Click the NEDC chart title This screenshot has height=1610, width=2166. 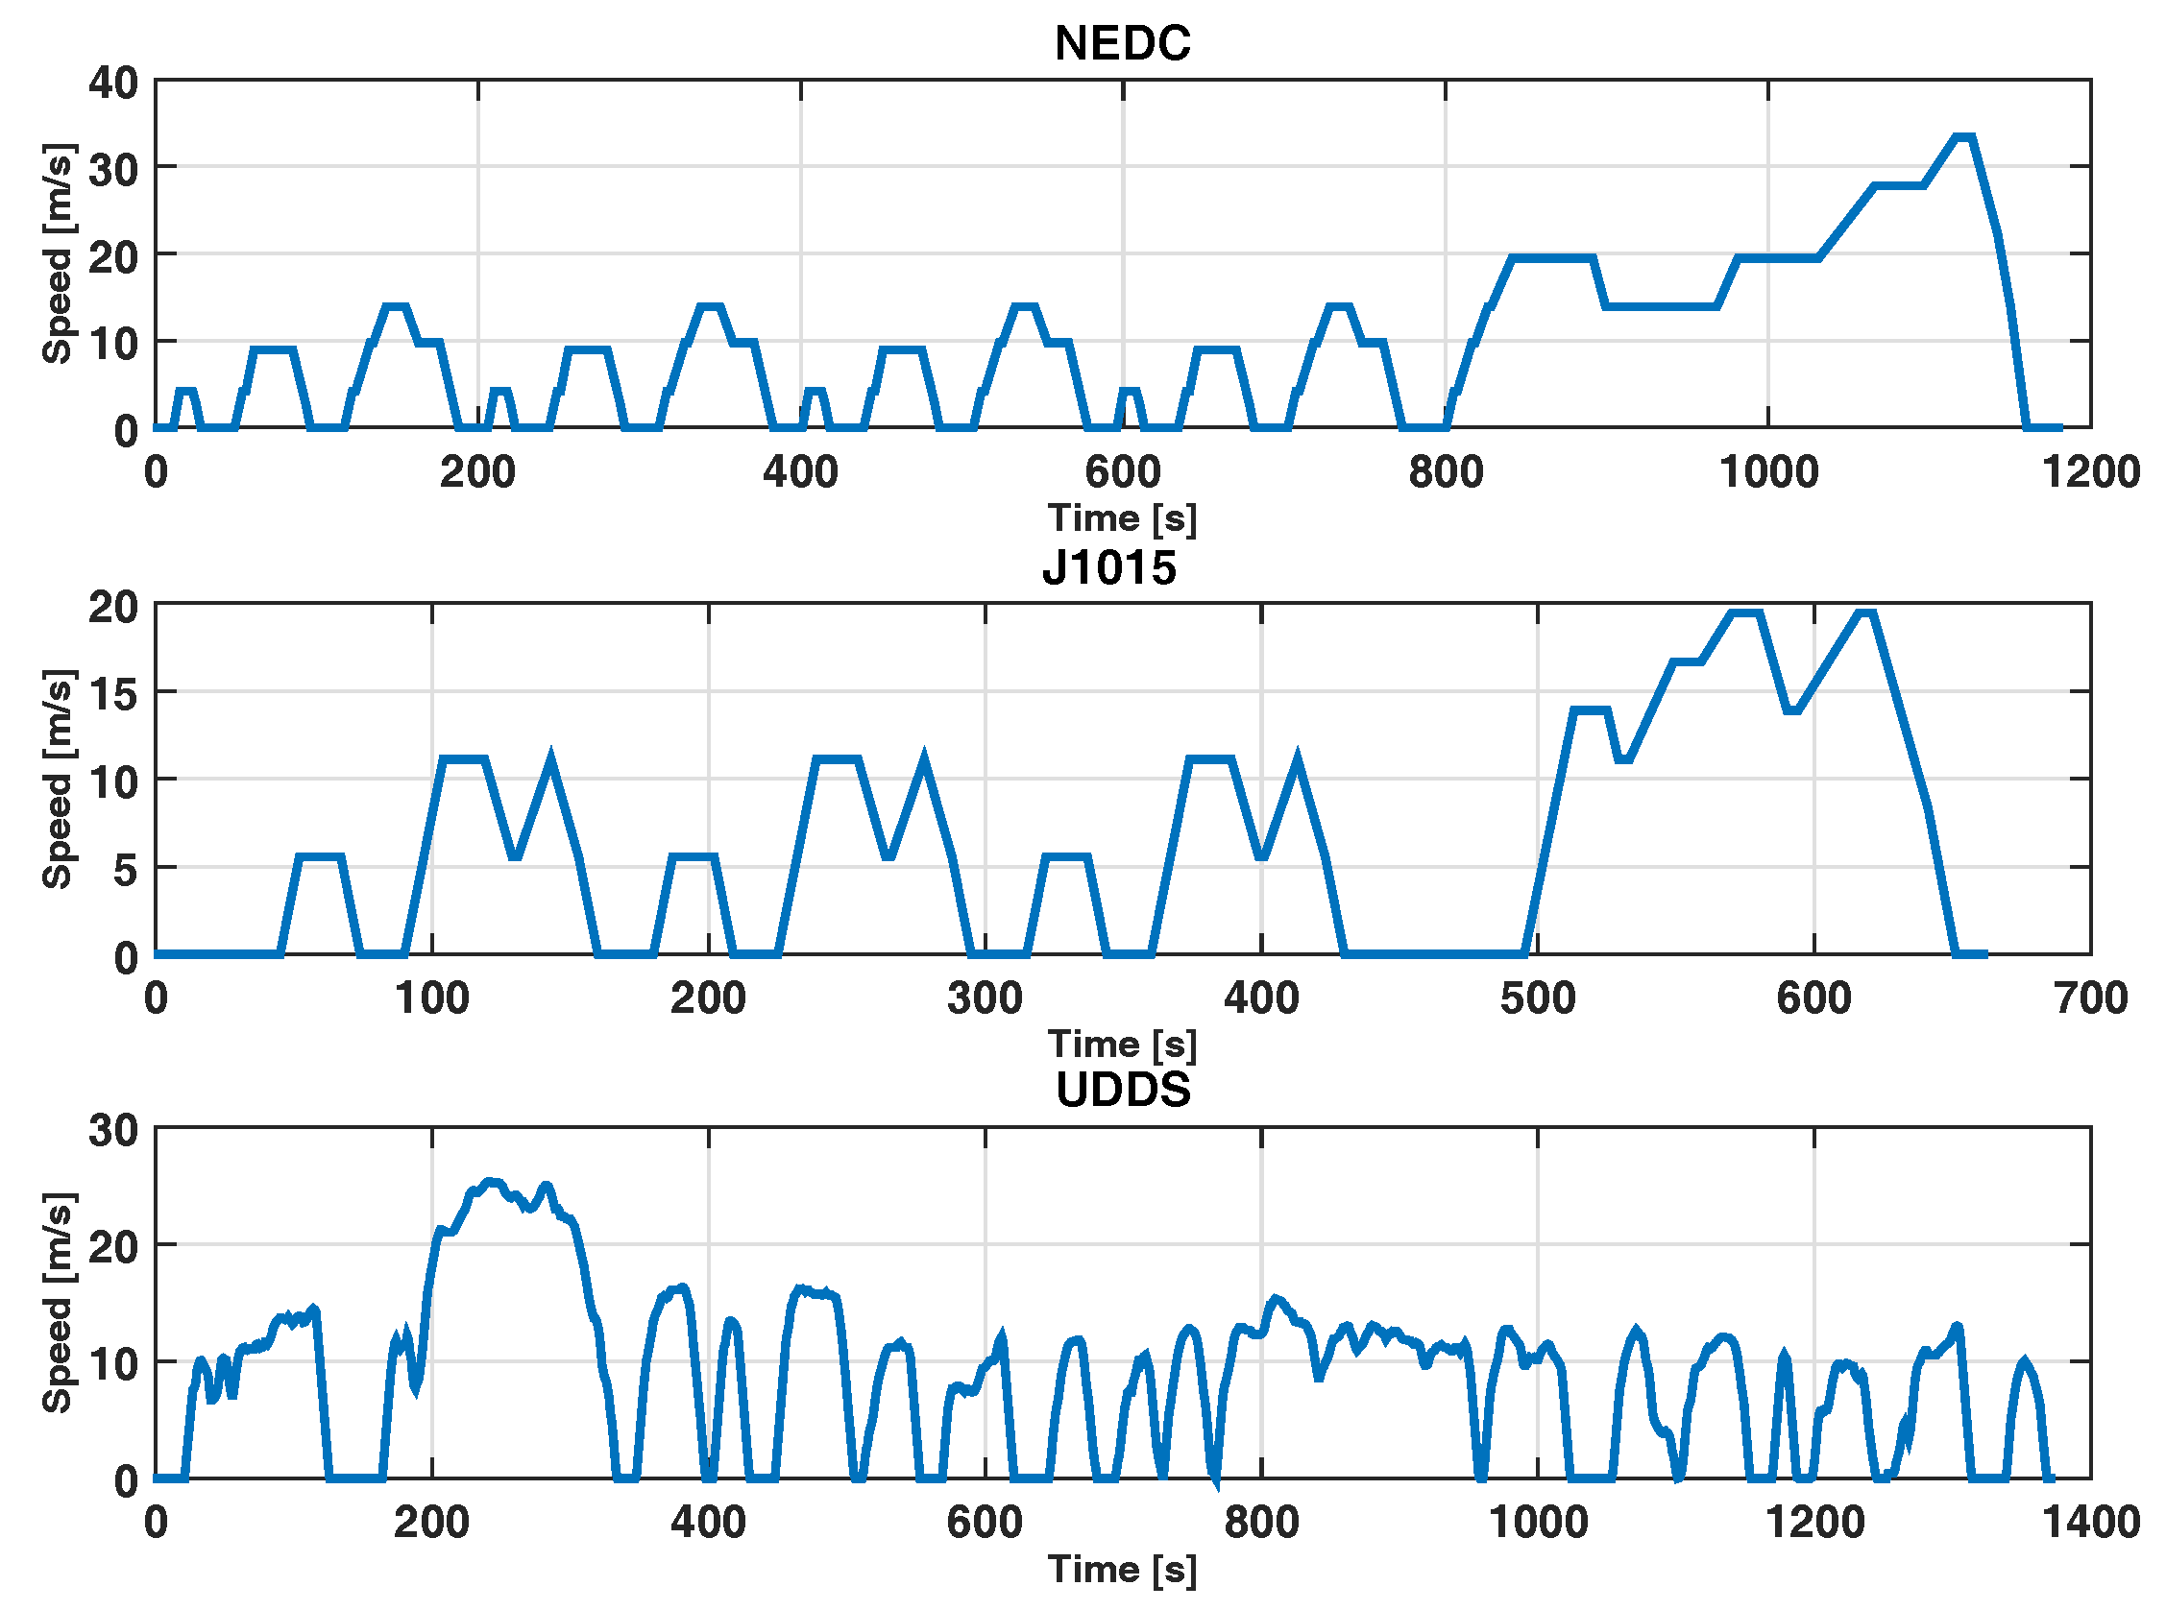pyautogui.click(x=1122, y=44)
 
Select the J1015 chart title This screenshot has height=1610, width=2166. pyautogui.click(x=1109, y=567)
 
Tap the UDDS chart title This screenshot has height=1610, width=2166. pyautogui.click(x=1123, y=1089)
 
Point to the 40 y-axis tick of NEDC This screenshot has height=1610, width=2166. pyautogui.click(x=113, y=82)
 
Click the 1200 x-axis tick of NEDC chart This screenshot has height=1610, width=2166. pyautogui.click(x=2090, y=472)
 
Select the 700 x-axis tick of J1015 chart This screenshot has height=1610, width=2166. pyautogui.click(x=2090, y=997)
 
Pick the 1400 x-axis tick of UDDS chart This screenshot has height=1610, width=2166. pyautogui.click(x=2090, y=1523)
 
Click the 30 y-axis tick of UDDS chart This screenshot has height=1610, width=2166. pyautogui.click(x=113, y=1131)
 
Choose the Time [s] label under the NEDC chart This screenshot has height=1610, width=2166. pyautogui.click(x=1122, y=518)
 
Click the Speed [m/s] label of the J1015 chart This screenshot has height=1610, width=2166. pyautogui.click(x=57, y=779)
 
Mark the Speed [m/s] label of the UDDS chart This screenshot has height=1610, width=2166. pyautogui.click(x=57, y=1302)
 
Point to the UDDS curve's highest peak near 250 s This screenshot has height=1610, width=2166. pyautogui.click(x=492, y=1182)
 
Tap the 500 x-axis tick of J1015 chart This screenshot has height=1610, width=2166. pyautogui.click(x=1537, y=997)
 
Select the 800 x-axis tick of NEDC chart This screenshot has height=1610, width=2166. pyautogui.click(x=1445, y=472)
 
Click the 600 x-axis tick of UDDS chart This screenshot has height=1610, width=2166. pyautogui.click(x=985, y=1523)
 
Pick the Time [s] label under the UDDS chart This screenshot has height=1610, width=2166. pyautogui.click(x=1122, y=1569)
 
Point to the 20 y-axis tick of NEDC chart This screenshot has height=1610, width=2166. pyautogui.click(x=113, y=255)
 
